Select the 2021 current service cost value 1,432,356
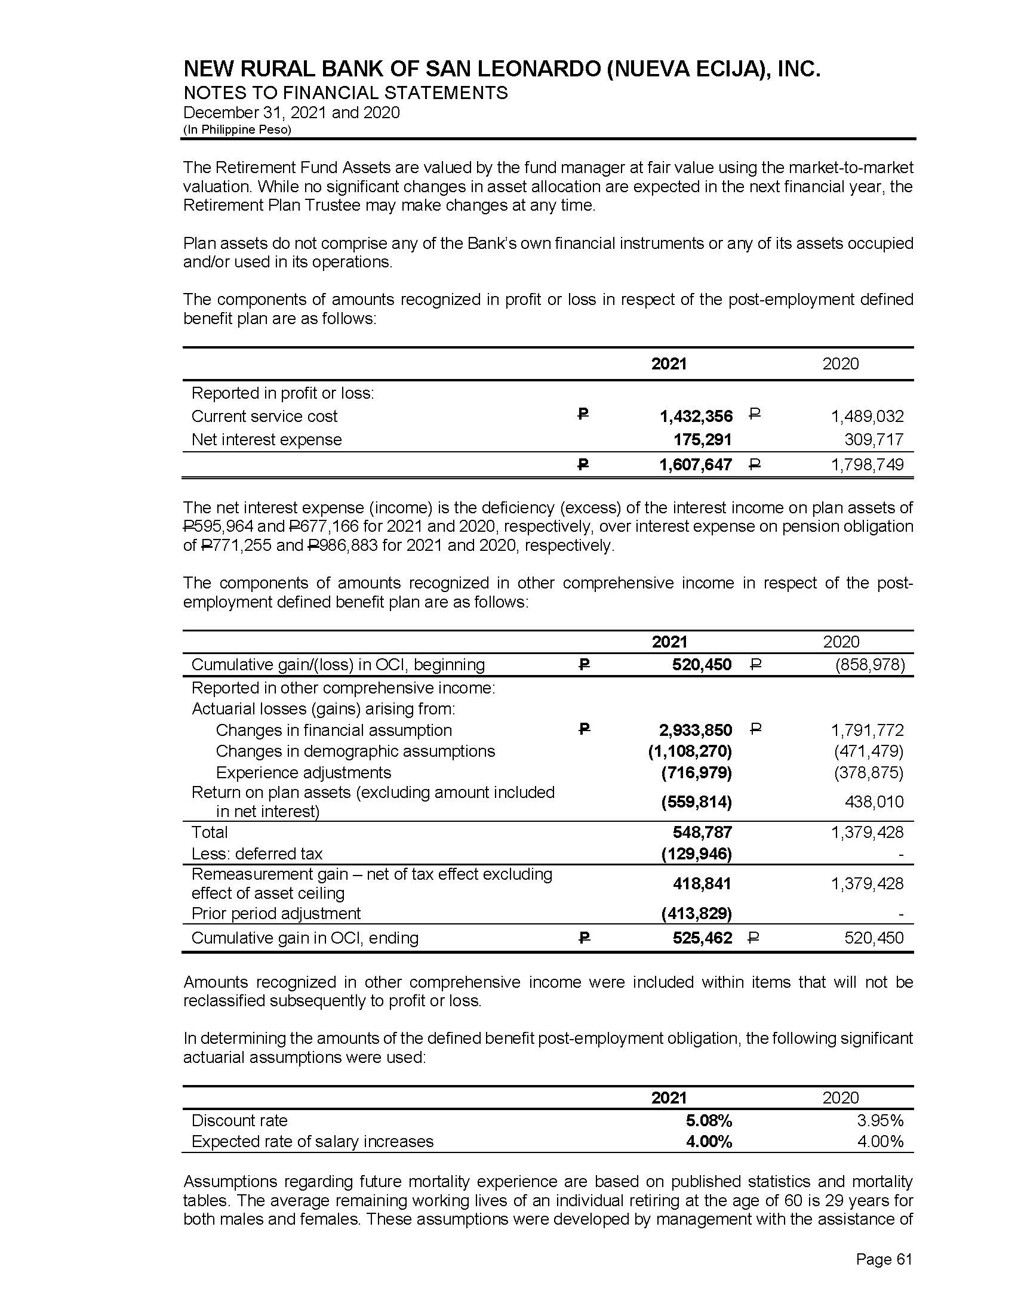pyautogui.click(x=696, y=416)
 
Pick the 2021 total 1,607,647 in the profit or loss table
pyautogui.click(x=696, y=465)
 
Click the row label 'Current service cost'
pyautogui.click(x=264, y=416)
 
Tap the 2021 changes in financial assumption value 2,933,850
pyautogui.click(x=696, y=730)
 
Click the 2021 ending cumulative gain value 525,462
pyautogui.click(x=702, y=938)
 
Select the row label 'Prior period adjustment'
pyautogui.click(x=276, y=913)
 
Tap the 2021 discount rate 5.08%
pyautogui.click(x=709, y=1121)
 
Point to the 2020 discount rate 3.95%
pyautogui.click(x=880, y=1121)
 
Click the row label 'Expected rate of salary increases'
pyautogui.click(x=312, y=1141)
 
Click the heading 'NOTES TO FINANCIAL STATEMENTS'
pyautogui.click(x=345, y=93)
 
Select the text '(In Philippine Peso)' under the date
pyautogui.click(x=237, y=130)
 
